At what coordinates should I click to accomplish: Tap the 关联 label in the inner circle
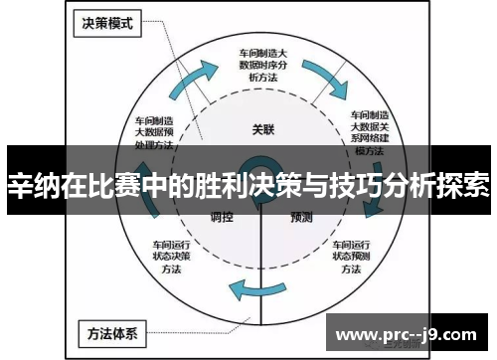[x=262, y=128]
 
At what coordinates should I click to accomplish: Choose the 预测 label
[x=302, y=216]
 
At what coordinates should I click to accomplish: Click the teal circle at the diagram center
[x=261, y=175]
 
